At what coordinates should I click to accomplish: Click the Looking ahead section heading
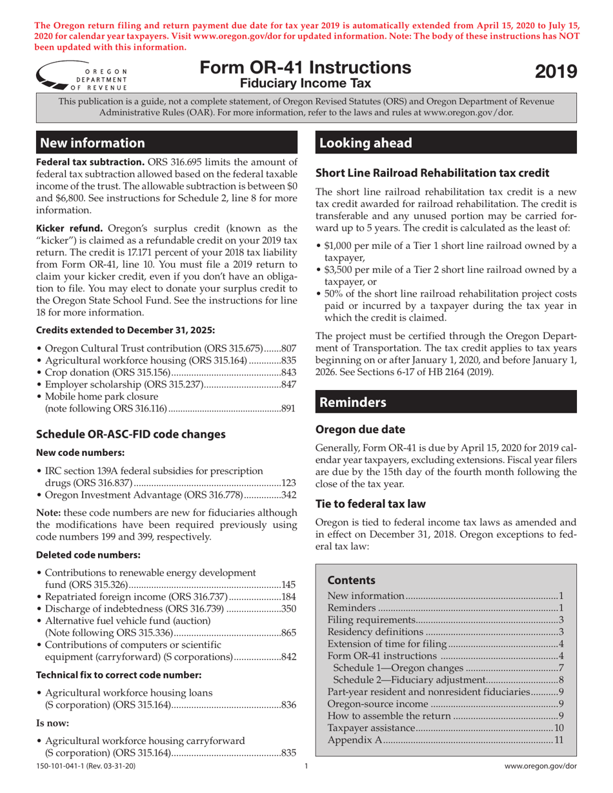coord(365,142)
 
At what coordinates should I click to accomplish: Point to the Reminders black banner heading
coord(354,402)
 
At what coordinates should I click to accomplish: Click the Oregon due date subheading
coord(357,428)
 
